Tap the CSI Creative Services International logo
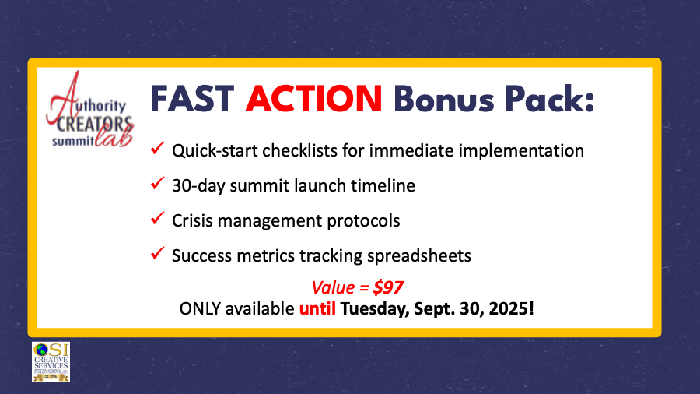pyautogui.click(x=51, y=361)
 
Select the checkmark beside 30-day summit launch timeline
pyautogui.click(x=156, y=185)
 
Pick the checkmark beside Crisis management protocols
pyautogui.click(x=156, y=220)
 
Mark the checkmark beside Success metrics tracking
pyautogui.click(x=156, y=255)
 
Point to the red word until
pyautogui.click(x=317, y=307)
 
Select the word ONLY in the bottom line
pyautogui.click(x=201, y=307)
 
